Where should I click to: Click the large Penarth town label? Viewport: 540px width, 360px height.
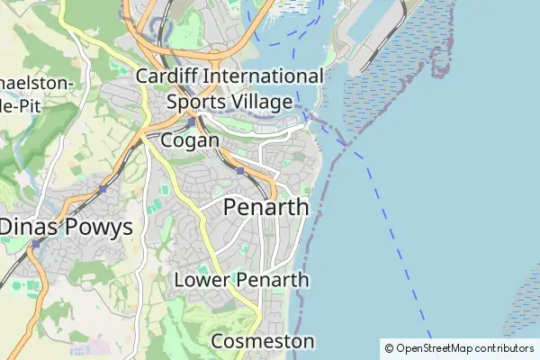coord(265,207)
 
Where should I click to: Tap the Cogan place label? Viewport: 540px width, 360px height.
coord(190,140)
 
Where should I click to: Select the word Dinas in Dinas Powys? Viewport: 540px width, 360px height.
coord(31,227)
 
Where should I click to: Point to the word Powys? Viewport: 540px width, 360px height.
coord(101,227)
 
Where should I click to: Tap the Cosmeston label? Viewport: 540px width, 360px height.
coord(263,342)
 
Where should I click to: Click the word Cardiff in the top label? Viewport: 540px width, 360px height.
coord(167,76)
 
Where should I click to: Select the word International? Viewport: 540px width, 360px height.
coord(263,76)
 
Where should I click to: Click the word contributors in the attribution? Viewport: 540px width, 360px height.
coord(504,348)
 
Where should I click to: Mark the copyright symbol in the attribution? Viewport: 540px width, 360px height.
coord(389,348)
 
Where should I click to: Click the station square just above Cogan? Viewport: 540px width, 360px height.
coord(192,121)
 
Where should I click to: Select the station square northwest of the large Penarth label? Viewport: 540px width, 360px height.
coord(239,170)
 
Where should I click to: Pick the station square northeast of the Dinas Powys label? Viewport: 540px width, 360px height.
coord(103,189)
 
